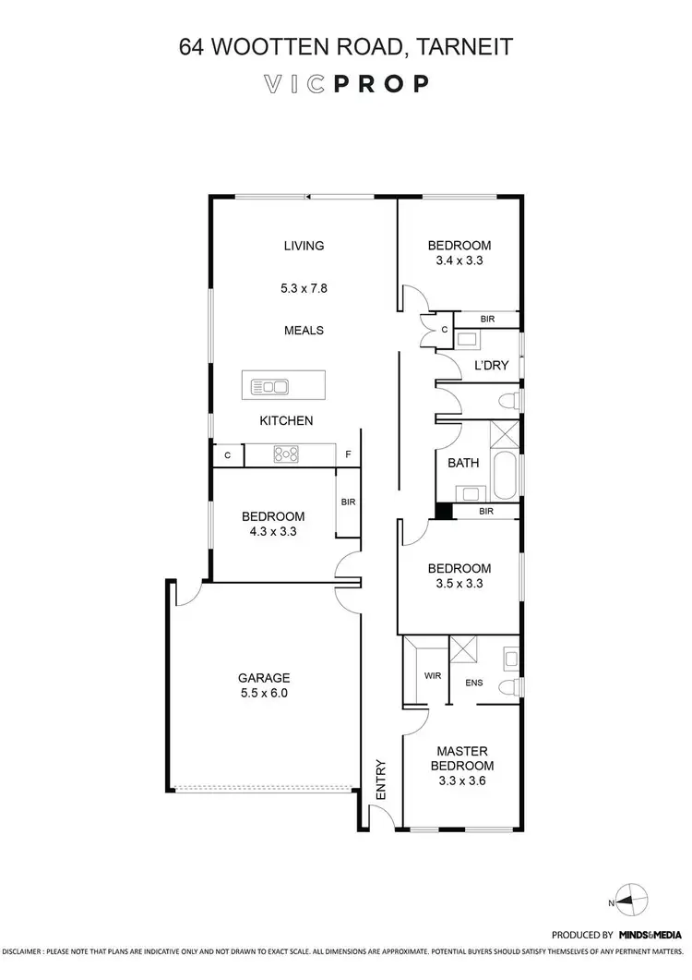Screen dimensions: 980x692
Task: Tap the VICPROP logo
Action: tap(346, 83)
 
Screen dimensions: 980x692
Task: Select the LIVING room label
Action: tap(304, 246)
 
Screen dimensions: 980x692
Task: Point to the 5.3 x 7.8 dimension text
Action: tap(304, 288)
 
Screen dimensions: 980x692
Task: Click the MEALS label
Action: tap(304, 330)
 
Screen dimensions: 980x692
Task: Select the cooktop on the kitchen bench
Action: tap(284, 454)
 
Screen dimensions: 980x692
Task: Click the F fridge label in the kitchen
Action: tap(348, 454)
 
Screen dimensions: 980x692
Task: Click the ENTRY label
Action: tap(380, 780)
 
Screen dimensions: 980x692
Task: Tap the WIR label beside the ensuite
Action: tap(433, 676)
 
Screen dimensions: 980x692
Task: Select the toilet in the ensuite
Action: tap(506, 685)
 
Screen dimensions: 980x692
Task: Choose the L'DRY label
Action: tap(491, 366)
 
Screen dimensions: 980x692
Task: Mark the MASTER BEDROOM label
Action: tap(463, 758)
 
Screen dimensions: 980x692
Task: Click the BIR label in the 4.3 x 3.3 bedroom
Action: tap(348, 502)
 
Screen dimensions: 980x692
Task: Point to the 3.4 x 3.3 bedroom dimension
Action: tap(459, 260)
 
